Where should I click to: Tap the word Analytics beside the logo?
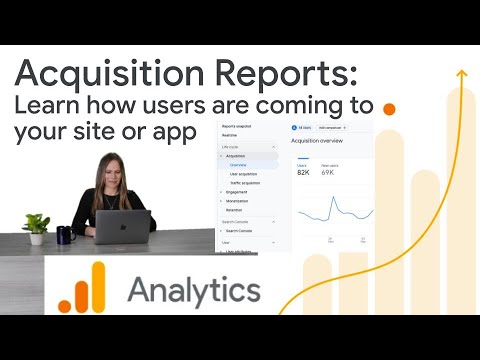(x=194, y=290)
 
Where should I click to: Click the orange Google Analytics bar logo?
(x=81, y=287)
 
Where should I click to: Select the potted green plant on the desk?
(x=37, y=227)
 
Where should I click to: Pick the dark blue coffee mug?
(x=65, y=235)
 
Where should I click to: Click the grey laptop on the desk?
(x=124, y=227)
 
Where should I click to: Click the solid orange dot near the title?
(x=390, y=107)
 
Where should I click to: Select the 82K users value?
(x=303, y=173)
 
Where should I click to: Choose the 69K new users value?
(x=327, y=173)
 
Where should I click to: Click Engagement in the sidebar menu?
(x=238, y=191)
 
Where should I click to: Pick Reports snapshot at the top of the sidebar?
(x=238, y=128)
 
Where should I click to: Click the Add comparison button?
(x=331, y=128)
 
